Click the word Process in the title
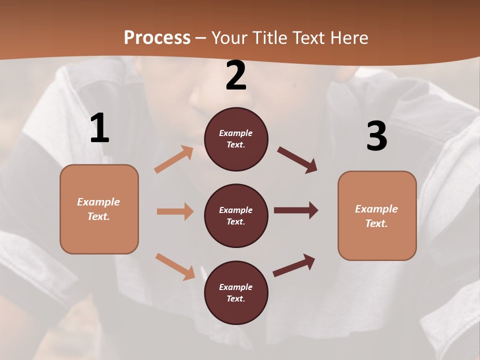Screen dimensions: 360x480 157,37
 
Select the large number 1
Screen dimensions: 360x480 99,128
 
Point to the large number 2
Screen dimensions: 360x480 236,75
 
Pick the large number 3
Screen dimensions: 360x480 376,136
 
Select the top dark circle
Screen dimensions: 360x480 236,139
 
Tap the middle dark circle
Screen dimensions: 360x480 236,215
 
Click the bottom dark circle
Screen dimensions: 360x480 236,292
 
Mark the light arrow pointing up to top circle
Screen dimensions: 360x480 174,159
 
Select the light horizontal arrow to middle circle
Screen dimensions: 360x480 175,211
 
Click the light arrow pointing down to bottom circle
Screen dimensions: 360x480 175,266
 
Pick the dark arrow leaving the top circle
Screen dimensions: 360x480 297,160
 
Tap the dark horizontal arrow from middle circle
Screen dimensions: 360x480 295,210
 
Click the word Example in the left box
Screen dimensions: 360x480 98,202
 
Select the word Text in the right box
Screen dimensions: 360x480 376,223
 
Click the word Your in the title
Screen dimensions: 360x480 229,37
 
